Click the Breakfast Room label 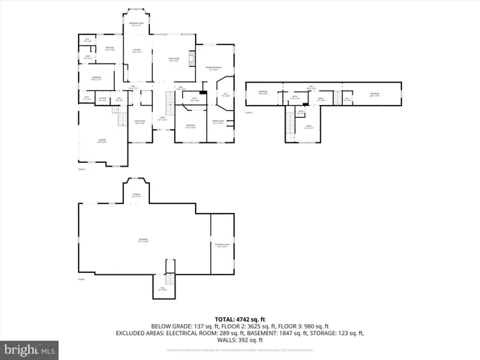point(136,24)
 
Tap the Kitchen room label point(137,50)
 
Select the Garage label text point(101,140)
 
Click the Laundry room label point(103,97)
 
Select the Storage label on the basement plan point(136,195)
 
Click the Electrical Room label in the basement point(222,244)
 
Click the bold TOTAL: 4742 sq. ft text point(239,319)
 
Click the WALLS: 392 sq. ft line point(239,340)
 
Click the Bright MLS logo point(30,349)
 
